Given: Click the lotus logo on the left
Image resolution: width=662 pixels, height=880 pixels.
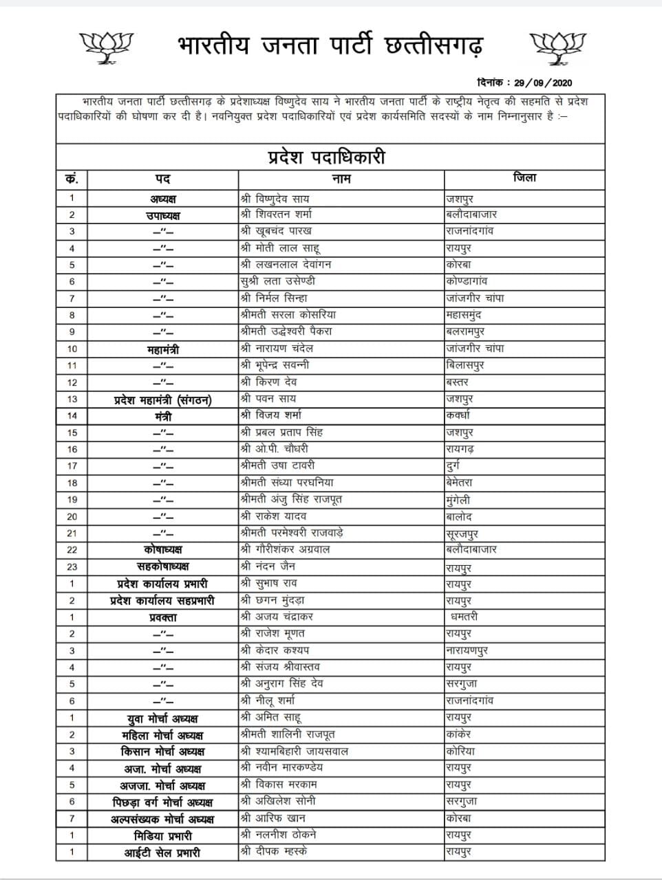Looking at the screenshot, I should (106, 47).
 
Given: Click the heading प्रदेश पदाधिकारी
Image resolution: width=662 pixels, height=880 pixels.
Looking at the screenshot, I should (326, 157).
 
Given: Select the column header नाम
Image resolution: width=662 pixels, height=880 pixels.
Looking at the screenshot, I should (341, 179).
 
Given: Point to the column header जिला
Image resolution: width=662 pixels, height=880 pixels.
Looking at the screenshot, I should (524, 178).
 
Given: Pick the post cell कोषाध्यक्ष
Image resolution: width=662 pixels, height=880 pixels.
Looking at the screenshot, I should (163, 550).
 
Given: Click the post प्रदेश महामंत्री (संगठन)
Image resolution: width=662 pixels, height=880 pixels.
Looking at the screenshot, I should (163, 399).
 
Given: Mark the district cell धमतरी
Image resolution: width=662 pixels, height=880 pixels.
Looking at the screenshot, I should (465, 617).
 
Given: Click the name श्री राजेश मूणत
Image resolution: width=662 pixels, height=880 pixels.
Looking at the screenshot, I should (273, 633).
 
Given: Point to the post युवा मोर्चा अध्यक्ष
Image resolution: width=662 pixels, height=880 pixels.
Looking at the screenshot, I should (163, 718).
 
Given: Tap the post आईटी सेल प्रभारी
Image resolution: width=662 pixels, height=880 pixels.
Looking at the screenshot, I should (163, 852).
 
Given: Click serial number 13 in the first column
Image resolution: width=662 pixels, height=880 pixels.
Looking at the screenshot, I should (72, 399).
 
